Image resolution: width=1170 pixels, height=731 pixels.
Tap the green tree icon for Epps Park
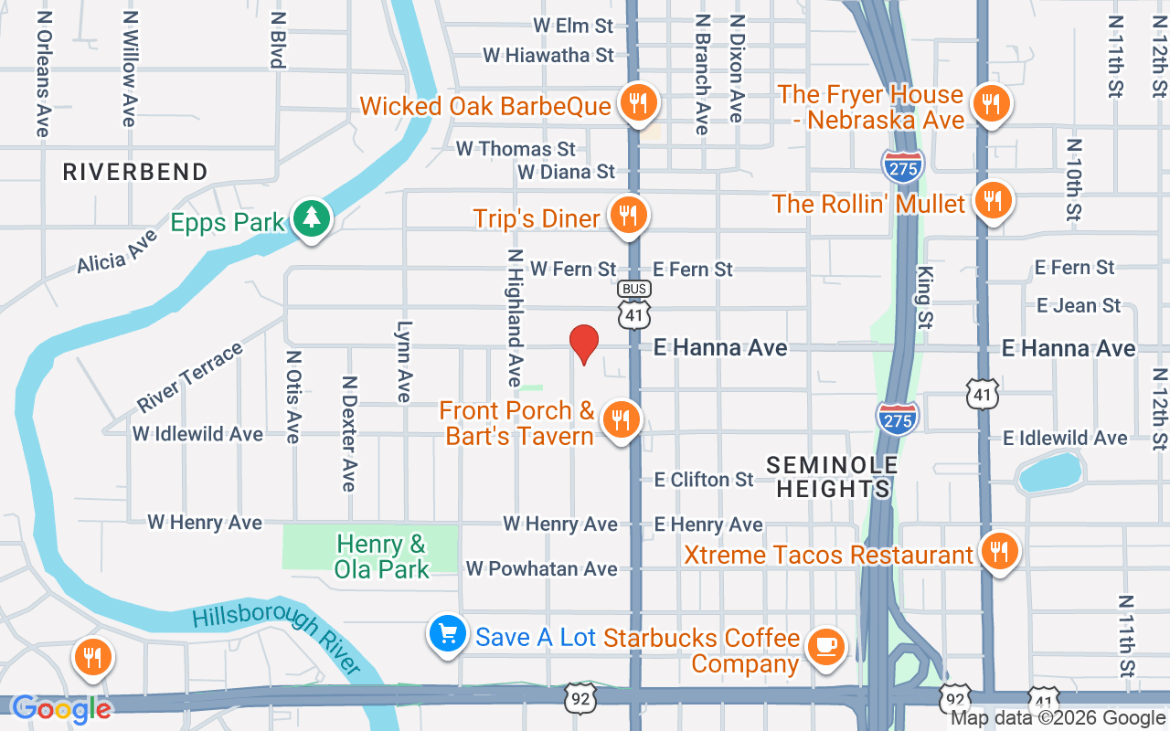click(x=313, y=218)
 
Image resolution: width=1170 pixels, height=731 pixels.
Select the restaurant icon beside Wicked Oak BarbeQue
click(x=636, y=103)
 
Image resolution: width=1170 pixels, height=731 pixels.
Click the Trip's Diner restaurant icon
click(x=627, y=216)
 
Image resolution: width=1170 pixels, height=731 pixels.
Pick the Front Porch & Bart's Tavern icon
click(x=622, y=419)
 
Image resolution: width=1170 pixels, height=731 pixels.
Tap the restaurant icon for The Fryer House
click(x=990, y=103)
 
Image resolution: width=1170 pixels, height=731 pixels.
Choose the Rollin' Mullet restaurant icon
click(x=992, y=200)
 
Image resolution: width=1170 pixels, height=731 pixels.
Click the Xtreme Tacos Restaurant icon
click(x=999, y=552)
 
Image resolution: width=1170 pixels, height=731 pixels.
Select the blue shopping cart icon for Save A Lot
click(x=448, y=634)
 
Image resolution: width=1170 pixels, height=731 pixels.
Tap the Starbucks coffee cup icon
click(x=827, y=647)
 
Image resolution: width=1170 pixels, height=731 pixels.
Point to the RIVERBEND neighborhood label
click(x=135, y=171)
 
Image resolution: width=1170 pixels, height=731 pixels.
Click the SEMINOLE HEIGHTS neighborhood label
click(x=832, y=477)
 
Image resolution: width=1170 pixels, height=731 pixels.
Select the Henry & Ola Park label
click(x=381, y=556)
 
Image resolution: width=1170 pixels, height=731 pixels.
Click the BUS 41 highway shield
click(x=634, y=303)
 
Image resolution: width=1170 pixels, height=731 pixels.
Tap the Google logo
click(x=61, y=708)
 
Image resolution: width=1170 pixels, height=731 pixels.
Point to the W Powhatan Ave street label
click(x=541, y=568)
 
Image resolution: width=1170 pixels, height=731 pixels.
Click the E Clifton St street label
click(x=704, y=479)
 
